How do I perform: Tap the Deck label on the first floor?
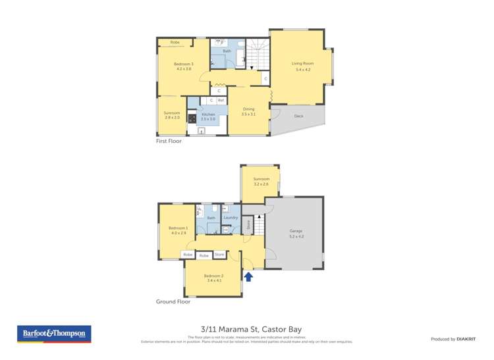pyautogui.click(x=298, y=116)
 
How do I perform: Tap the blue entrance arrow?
pyautogui.click(x=248, y=277)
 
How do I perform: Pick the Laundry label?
pyautogui.click(x=231, y=218)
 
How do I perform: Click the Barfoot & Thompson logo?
pyautogui.click(x=54, y=334)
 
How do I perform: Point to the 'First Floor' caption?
pyautogui.click(x=169, y=141)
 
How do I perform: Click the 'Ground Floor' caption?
pyautogui.click(x=173, y=301)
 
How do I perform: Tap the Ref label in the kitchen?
pyautogui.click(x=221, y=100)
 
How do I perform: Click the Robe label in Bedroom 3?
pyautogui.click(x=175, y=42)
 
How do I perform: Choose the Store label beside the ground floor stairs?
pyautogui.click(x=248, y=225)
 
